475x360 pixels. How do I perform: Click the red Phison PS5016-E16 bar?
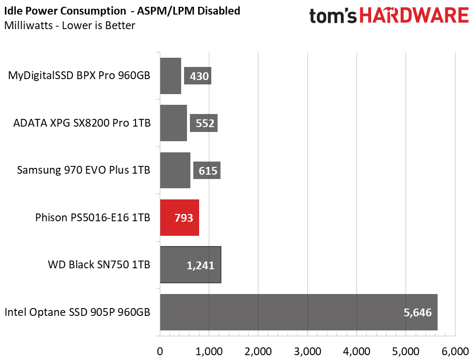pyautogui.click(x=179, y=217)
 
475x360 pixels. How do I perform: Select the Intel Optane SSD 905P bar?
pyautogui.click(x=299, y=312)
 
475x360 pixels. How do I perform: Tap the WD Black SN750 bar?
pyautogui.click(x=190, y=264)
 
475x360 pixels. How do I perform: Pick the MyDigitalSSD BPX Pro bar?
pyautogui.click(x=170, y=76)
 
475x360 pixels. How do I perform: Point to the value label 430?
pyautogui.click(x=198, y=76)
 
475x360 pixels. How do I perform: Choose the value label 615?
pyautogui.click(x=207, y=171)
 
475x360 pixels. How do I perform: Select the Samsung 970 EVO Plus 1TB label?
pyautogui.click(x=84, y=170)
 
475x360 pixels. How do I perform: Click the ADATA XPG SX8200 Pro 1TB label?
pyautogui.click(x=82, y=123)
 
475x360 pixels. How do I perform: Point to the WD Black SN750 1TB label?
pyautogui.click(x=99, y=265)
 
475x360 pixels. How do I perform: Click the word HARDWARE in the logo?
pyautogui.click(x=416, y=16)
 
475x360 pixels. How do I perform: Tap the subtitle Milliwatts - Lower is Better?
pyautogui.click(x=69, y=25)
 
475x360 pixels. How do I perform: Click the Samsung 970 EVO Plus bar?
pyautogui.click(x=175, y=170)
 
